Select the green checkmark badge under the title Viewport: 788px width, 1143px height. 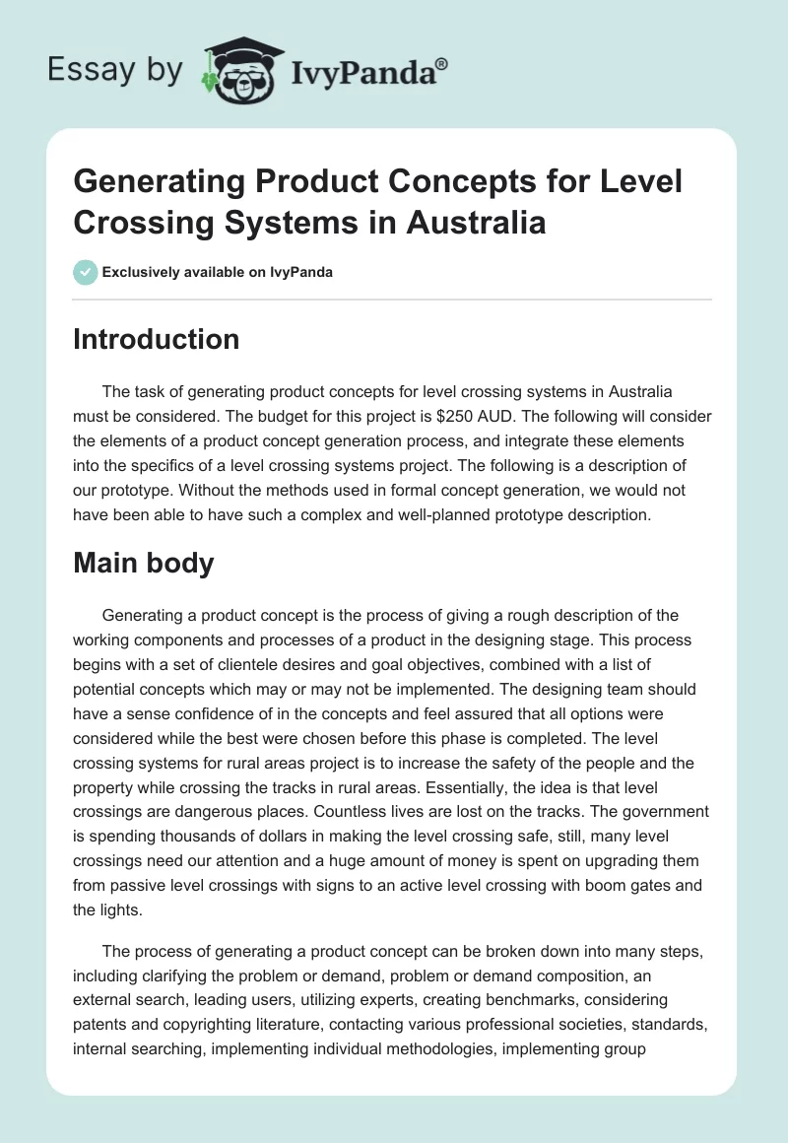85,272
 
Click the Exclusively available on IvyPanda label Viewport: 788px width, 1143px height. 218,273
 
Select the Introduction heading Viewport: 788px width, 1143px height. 156,340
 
